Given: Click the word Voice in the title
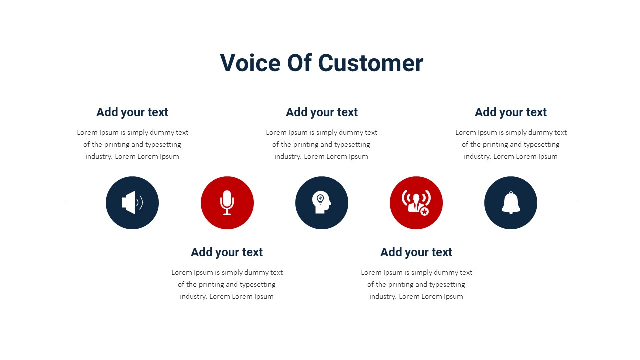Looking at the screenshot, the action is pyautogui.click(x=250, y=63).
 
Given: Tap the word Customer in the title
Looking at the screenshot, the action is pyautogui.click(x=371, y=63).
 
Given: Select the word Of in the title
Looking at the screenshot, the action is pyautogui.click(x=299, y=63).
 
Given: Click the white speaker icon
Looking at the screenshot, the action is pyautogui.click(x=132, y=203).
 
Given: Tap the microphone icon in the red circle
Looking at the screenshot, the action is pyautogui.click(x=227, y=203).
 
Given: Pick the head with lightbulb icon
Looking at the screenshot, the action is pyautogui.click(x=322, y=202).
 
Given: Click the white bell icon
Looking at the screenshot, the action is pyautogui.click(x=511, y=203).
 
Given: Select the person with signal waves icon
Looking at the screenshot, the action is pyautogui.click(x=416, y=203).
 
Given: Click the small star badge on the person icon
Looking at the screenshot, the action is pyautogui.click(x=424, y=211).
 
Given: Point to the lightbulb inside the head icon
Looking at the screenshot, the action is pyautogui.click(x=320, y=199).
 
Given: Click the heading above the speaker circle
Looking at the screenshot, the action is pyautogui.click(x=132, y=112).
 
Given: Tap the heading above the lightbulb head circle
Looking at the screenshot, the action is pyautogui.click(x=322, y=112).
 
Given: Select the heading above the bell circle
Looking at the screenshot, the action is pyautogui.click(x=511, y=112).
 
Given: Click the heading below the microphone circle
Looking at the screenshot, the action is pyautogui.click(x=227, y=252).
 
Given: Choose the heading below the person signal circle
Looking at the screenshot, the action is pyautogui.click(x=416, y=252).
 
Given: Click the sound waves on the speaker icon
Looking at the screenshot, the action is pyautogui.click(x=140, y=203).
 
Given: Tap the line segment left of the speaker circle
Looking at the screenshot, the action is pyautogui.click(x=87, y=203).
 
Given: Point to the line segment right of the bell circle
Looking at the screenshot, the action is pyautogui.click(x=557, y=203).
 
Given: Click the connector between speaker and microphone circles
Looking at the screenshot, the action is pyautogui.click(x=179, y=203).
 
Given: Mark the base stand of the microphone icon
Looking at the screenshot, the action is pyautogui.click(x=227, y=213).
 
